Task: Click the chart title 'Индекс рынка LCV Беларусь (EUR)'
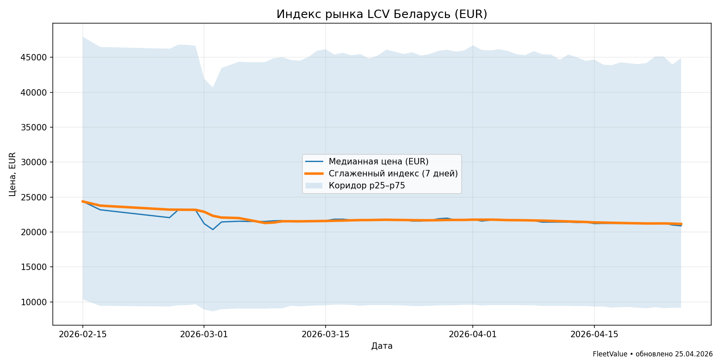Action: [x=382, y=14]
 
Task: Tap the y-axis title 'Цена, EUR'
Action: [x=12, y=174]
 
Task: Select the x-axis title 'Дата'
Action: [x=382, y=346]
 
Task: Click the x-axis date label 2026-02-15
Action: [x=83, y=334]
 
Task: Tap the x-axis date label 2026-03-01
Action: [x=204, y=334]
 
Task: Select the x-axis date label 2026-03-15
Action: [x=325, y=334]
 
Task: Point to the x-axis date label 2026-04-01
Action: [x=473, y=334]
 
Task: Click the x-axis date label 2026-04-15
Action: [x=594, y=334]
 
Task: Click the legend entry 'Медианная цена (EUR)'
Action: [x=378, y=162]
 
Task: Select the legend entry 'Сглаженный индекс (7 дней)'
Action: [x=393, y=174]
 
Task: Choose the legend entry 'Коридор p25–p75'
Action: [x=367, y=186]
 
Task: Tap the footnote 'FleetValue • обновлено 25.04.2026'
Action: [x=652, y=354]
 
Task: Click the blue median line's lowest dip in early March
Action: [x=213, y=229]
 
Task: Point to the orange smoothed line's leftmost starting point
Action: [x=83, y=201]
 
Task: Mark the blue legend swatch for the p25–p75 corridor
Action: [x=314, y=186]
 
